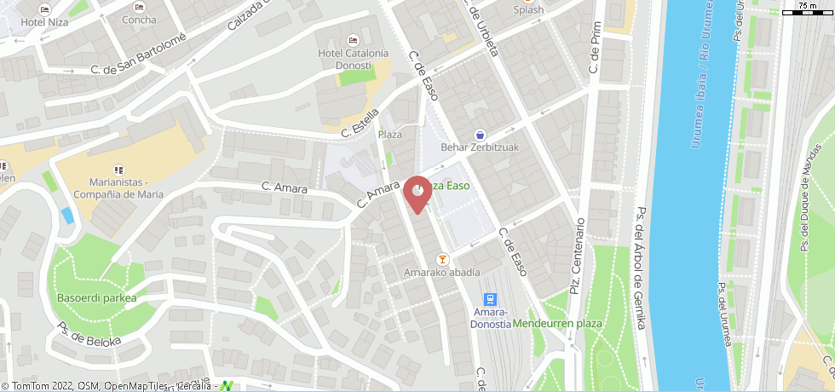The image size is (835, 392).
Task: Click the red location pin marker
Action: coord(417,193)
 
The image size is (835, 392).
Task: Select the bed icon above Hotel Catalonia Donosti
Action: coord(354,39)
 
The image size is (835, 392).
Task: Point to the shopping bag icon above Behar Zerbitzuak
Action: coord(481,134)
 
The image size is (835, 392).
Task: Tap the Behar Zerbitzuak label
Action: coord(481,147)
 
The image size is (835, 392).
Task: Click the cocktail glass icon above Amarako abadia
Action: coord(442,259)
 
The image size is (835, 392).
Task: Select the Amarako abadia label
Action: coord(442,273)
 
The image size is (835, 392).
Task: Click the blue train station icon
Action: coord(490,299)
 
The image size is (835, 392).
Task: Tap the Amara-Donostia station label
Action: coord(490,319)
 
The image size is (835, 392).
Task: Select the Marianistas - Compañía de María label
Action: coord(117,188)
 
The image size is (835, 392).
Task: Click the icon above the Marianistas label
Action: coord(118,170)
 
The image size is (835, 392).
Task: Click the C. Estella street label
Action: coord(359,124)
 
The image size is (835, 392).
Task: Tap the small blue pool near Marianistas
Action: coord(67,215)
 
